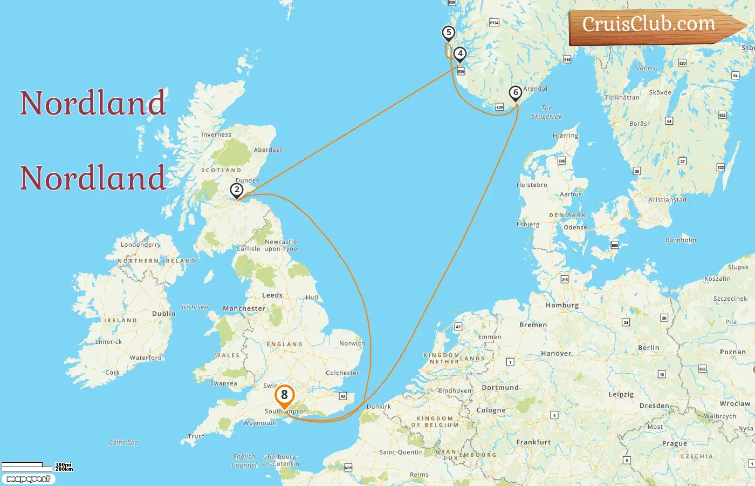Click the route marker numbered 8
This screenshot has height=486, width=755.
pyautogui.click(x=284, y=395)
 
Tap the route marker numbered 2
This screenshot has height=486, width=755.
pyautogui.click(x=236, y=190)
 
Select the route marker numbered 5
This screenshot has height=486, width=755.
pyautogui.click(x=448, y=32)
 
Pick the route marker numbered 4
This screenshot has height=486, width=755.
pyautogui.click(x=459, y=53)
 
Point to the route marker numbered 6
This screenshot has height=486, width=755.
pyautogui.click(x=516, y=93)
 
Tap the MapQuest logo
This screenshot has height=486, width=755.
pyautogui.click(x=28, y=479)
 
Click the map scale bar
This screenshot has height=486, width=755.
pyautogui.click(x=37, y=466)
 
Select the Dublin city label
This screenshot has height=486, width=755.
pyautogui.click(x=163, y=314)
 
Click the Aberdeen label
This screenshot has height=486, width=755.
pyautogui.click(x=269, y=150)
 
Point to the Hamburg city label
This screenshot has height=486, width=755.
pyautogui.click(x=562, y=305)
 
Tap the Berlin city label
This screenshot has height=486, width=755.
pyautogui.click(x=648, y=348)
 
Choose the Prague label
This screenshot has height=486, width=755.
pyautogui.click(x=675, y=443)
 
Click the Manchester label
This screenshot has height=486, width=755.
pyautogui.click(x=244, y=308)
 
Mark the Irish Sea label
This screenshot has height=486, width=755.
pyautogui.click(x=195, y=307)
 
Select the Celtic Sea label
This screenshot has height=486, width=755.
pyautogui.click(x=123, y=442)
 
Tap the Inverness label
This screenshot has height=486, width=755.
pyautogui.click(x=216, y=135)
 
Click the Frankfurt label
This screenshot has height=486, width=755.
pyautogui.click(x=533, y=442)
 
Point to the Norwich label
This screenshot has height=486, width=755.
pyautogui.click(x=352, y=343)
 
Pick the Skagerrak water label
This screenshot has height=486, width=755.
pyautogui.click(x=546, y=112)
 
